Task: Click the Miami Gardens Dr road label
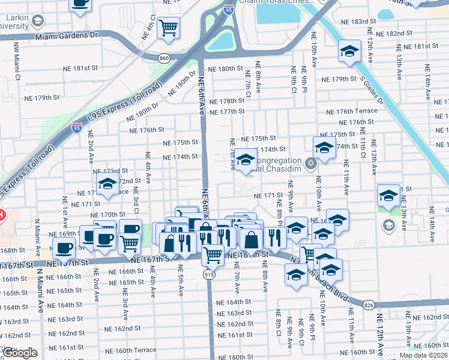[x=65, y=36]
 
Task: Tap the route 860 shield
[x=164, y=58]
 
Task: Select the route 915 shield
[x=208, y=274]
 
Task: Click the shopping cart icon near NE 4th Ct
[x=169, y=28]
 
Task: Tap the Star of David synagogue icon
[x=310, y=163]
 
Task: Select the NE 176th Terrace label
[x=352, y=111]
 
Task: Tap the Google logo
[x=20, y=352]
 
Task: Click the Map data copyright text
[x=423, y=355]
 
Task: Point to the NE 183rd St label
[x=355, y=21]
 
